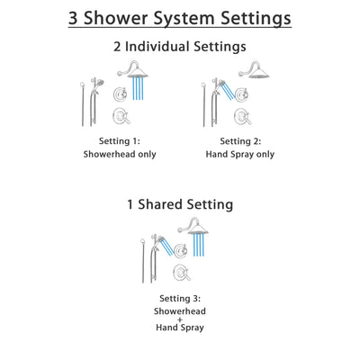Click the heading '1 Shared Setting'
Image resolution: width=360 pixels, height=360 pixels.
(180, 204)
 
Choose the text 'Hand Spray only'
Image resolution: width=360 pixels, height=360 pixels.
(239, 154)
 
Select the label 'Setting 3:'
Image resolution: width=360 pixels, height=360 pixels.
(180, 298)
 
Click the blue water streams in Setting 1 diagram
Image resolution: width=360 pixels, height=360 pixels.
(138, 90)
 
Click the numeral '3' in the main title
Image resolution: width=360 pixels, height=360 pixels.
(76, 18)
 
